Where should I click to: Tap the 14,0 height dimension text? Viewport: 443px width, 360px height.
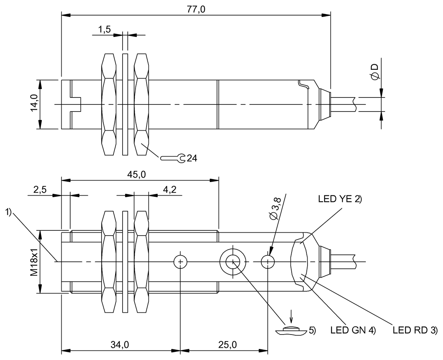coord(34,104)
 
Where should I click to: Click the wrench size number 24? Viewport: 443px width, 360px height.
coord(192,158)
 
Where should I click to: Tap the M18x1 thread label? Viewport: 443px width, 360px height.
coord(34,262)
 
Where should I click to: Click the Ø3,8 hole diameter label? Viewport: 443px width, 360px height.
coord(276,209)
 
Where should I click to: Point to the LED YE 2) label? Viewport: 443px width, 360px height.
coord(340,199)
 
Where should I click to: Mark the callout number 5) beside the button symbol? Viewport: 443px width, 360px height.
coord(312,330)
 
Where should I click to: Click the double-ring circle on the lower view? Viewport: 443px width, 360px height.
coord(233,262)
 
